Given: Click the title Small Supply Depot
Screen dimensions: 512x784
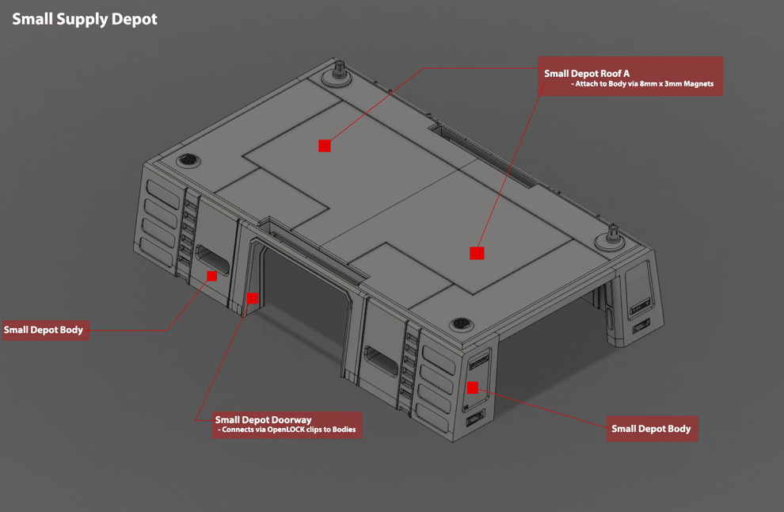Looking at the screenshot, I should click(85, 20).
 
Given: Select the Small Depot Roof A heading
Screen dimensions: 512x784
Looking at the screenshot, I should click(587, 73).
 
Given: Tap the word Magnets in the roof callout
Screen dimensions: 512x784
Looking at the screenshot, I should click(695, 84).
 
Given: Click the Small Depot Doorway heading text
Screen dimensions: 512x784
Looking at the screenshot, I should click(263, 419).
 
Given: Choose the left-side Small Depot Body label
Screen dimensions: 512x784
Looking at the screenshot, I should click(44, 330).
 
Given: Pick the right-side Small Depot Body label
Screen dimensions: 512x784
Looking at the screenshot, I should click(651, 429).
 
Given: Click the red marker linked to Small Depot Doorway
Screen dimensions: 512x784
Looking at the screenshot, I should click(253, 298).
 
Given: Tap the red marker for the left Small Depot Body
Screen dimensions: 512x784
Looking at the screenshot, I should click(211, 276).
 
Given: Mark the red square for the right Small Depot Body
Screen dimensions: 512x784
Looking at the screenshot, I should click(472, 388).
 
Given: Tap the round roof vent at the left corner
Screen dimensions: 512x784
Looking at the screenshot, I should click(188, 160).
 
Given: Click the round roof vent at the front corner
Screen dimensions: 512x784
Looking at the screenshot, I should click(462, 323).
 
